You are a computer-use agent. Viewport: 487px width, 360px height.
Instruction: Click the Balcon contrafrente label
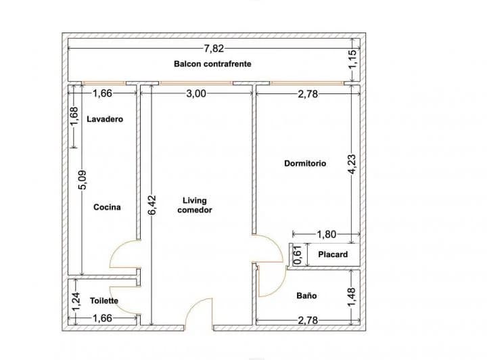tap(213, 64)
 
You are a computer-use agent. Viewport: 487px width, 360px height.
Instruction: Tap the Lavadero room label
tap(105, 119)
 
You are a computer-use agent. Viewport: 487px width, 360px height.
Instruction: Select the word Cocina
tap(107, 207)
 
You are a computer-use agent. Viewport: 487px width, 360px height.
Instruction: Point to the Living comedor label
tap(195, 205)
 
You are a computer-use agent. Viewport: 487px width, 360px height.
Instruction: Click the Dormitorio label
tap(305, 163)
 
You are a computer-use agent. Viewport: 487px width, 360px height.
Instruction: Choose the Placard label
tap(333, 254)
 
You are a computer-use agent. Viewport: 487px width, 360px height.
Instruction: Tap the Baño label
tap(306, 296)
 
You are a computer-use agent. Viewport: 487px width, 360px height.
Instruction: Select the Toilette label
tap(104, 300)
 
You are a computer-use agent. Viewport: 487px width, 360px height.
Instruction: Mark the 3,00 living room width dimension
tap(195, 94)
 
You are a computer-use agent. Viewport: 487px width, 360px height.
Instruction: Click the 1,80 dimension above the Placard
tap(326, 235)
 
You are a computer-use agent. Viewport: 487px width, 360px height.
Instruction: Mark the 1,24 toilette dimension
tap(74, 298)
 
